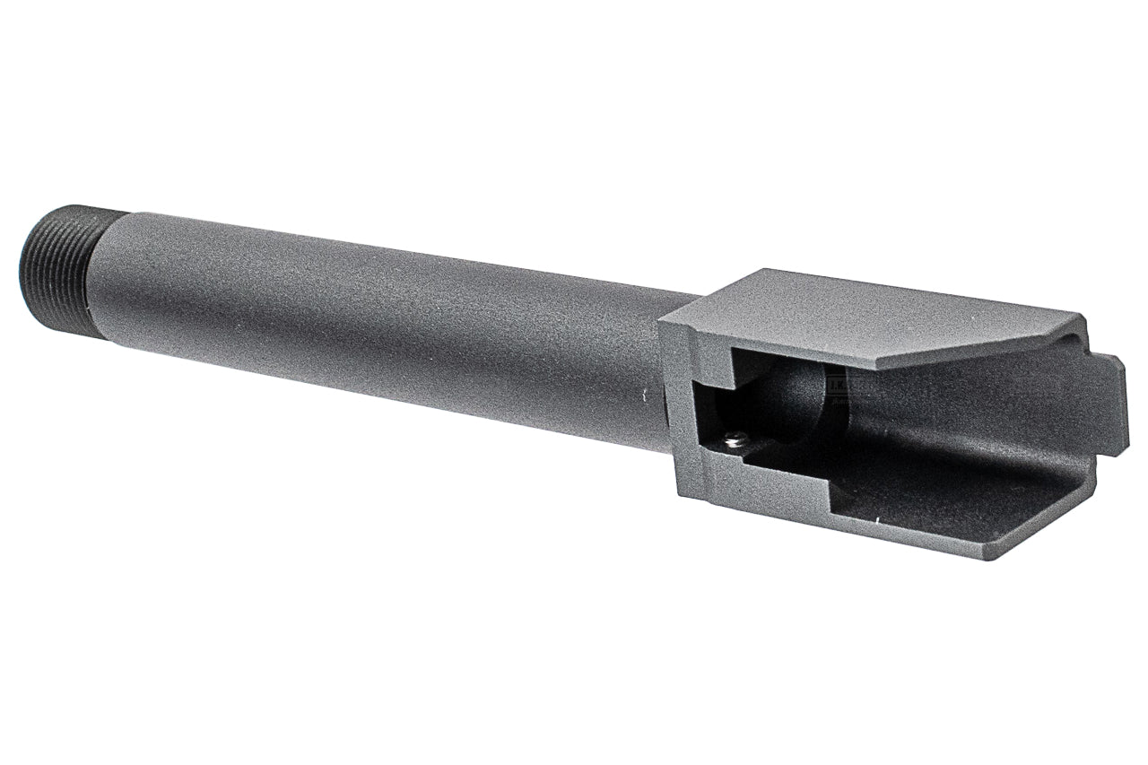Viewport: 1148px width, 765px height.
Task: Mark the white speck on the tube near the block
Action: click(x=642, y=394)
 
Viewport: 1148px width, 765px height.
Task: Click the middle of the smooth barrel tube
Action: click(x=377, y=323)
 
